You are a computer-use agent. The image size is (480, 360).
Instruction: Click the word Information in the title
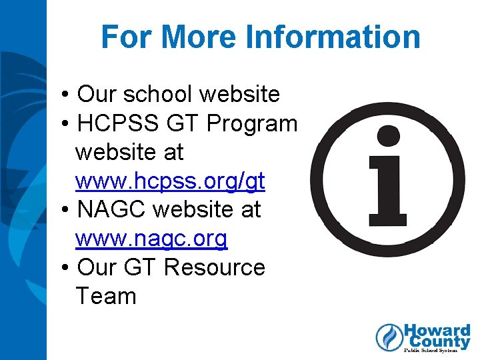(x=333, y=37)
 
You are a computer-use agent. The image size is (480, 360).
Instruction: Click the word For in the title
(x=127, y=37)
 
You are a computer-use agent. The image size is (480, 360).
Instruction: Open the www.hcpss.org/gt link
(x=170, y=181)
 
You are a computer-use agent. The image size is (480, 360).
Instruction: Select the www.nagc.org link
(x=151, y=239)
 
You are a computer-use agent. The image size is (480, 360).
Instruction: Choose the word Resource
(x=214, y=267)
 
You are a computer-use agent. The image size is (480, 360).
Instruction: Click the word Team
(x=105, y=296)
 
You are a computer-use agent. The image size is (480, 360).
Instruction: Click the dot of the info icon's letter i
(x=387, y=137)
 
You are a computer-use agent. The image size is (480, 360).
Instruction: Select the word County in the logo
(x=437, y=343)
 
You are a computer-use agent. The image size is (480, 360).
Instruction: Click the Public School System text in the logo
(x=437, y=351)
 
